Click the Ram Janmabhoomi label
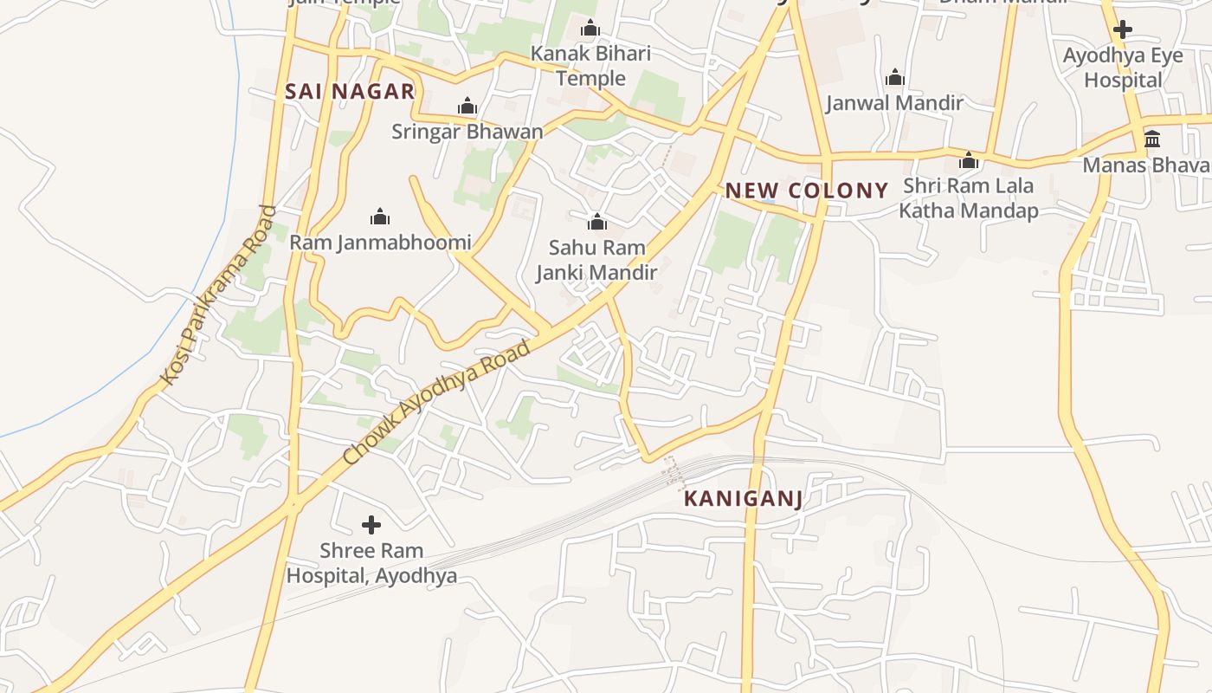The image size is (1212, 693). click(x=380, y=243)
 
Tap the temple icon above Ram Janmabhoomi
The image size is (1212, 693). click(x=379, y=217)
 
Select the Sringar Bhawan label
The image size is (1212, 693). click(x=467, y=132)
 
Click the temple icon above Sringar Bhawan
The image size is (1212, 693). click(x=467, y=107)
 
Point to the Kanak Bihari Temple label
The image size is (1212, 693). click(x=590, y=66)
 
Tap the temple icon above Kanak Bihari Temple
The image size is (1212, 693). click(x=590, y=29)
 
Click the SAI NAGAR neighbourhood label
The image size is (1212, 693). click(x=350, y=92)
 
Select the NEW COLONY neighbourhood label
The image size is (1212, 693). click(x=807, y=191)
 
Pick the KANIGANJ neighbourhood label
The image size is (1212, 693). click(x=743, y=499)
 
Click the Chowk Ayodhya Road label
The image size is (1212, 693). click(x=436, y=403)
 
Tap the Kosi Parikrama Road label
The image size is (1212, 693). click(x=218, y=295)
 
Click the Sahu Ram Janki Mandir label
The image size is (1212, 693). click(x=596, y=260)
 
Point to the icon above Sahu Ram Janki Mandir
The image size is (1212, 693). click(x=596, y=222)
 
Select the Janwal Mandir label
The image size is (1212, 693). click(x=894, y=103)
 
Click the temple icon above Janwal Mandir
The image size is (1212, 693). click(x=894, y=78)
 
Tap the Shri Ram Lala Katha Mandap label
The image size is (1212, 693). click(x=968, y=198)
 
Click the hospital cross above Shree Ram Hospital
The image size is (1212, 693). click(x=371, y=525)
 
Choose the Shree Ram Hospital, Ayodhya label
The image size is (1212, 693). click(x=371, y=563)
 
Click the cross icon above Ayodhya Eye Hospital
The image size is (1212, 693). click(x=1123, y=29)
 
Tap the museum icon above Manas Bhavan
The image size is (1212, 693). click(x=1152, y=139)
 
